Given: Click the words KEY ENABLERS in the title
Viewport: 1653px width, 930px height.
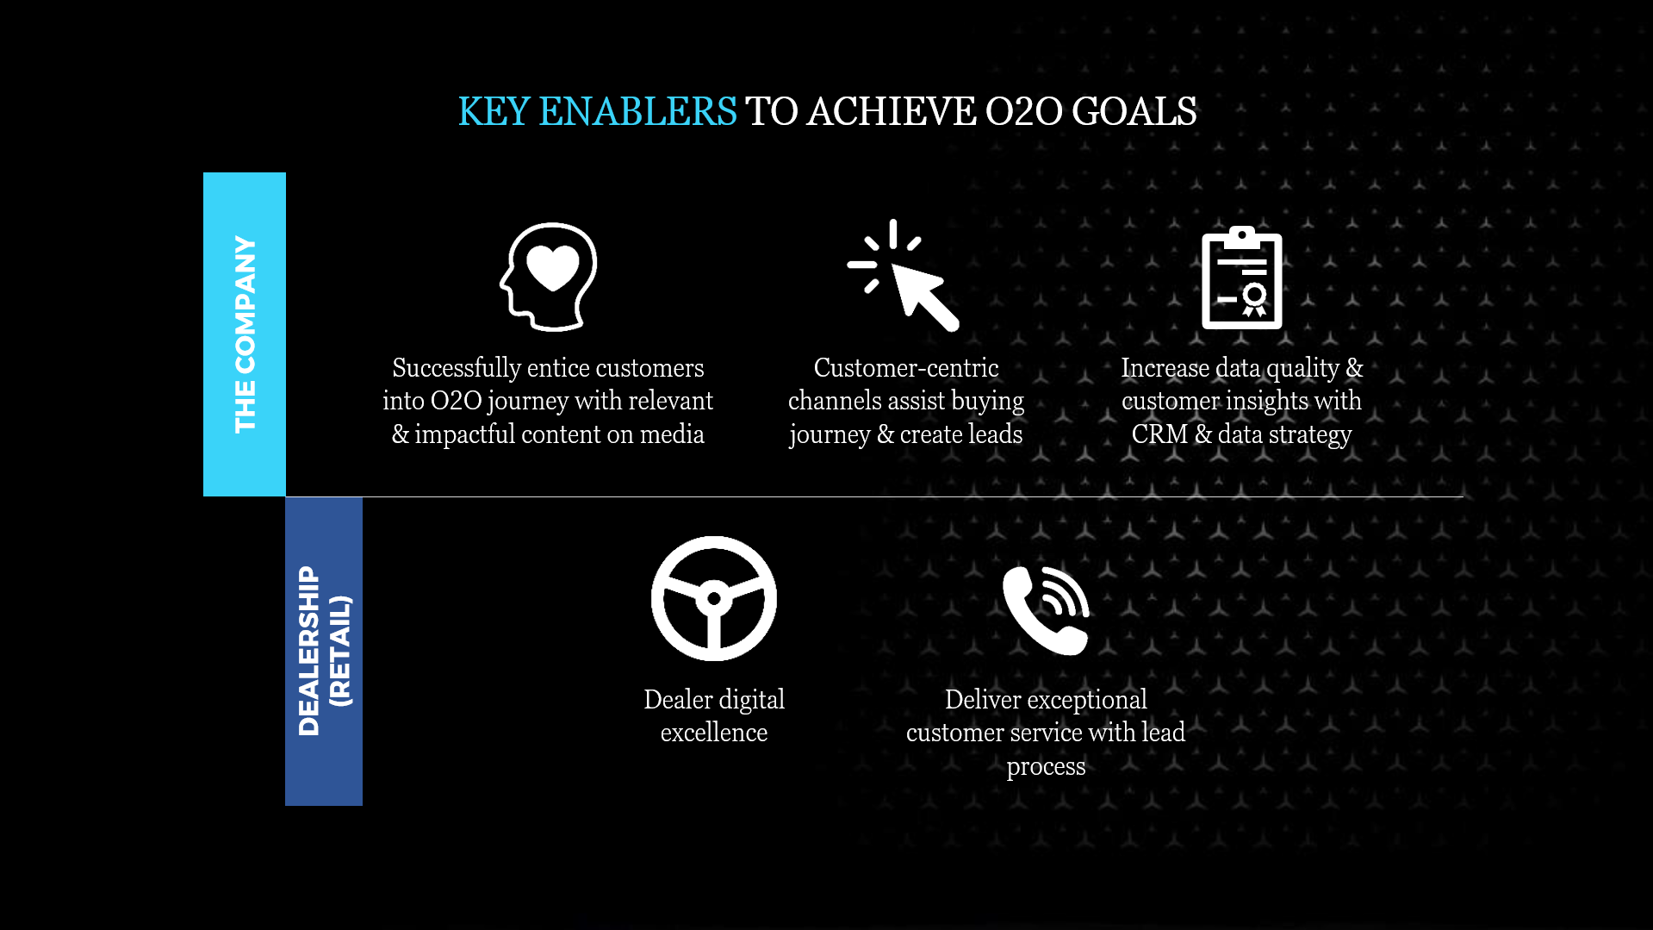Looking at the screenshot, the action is tap(597, 112).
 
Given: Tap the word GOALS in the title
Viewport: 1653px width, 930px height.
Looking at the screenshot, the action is tap(1134, 112).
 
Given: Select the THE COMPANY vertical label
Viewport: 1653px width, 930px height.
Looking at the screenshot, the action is tap(245, 334).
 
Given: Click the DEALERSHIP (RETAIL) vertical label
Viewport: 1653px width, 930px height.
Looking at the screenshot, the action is tap(324, 651).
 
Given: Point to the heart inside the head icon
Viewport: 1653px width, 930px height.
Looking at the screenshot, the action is tap(553, 267).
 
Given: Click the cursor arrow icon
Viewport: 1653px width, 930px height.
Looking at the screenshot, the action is tap(903, 275).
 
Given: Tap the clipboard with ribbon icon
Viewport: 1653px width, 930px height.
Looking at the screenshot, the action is tap(1241, 278).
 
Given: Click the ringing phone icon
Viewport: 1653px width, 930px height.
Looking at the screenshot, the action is tap(1046, 610).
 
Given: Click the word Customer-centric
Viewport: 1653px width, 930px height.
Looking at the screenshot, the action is tap(906, 368).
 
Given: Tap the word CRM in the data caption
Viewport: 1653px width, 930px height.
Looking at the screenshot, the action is tap(1159, 434).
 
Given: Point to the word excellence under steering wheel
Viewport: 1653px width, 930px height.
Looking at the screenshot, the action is tap(714, 733).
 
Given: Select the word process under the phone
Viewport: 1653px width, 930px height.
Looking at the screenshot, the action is tap(1046, 767).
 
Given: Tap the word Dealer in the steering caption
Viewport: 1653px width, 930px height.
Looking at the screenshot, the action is tap(678, 700).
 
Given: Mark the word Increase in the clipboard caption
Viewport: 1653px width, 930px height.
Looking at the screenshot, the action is tap(1165, 368).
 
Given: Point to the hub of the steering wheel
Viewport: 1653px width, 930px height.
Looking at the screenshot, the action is tap(714, 597).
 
